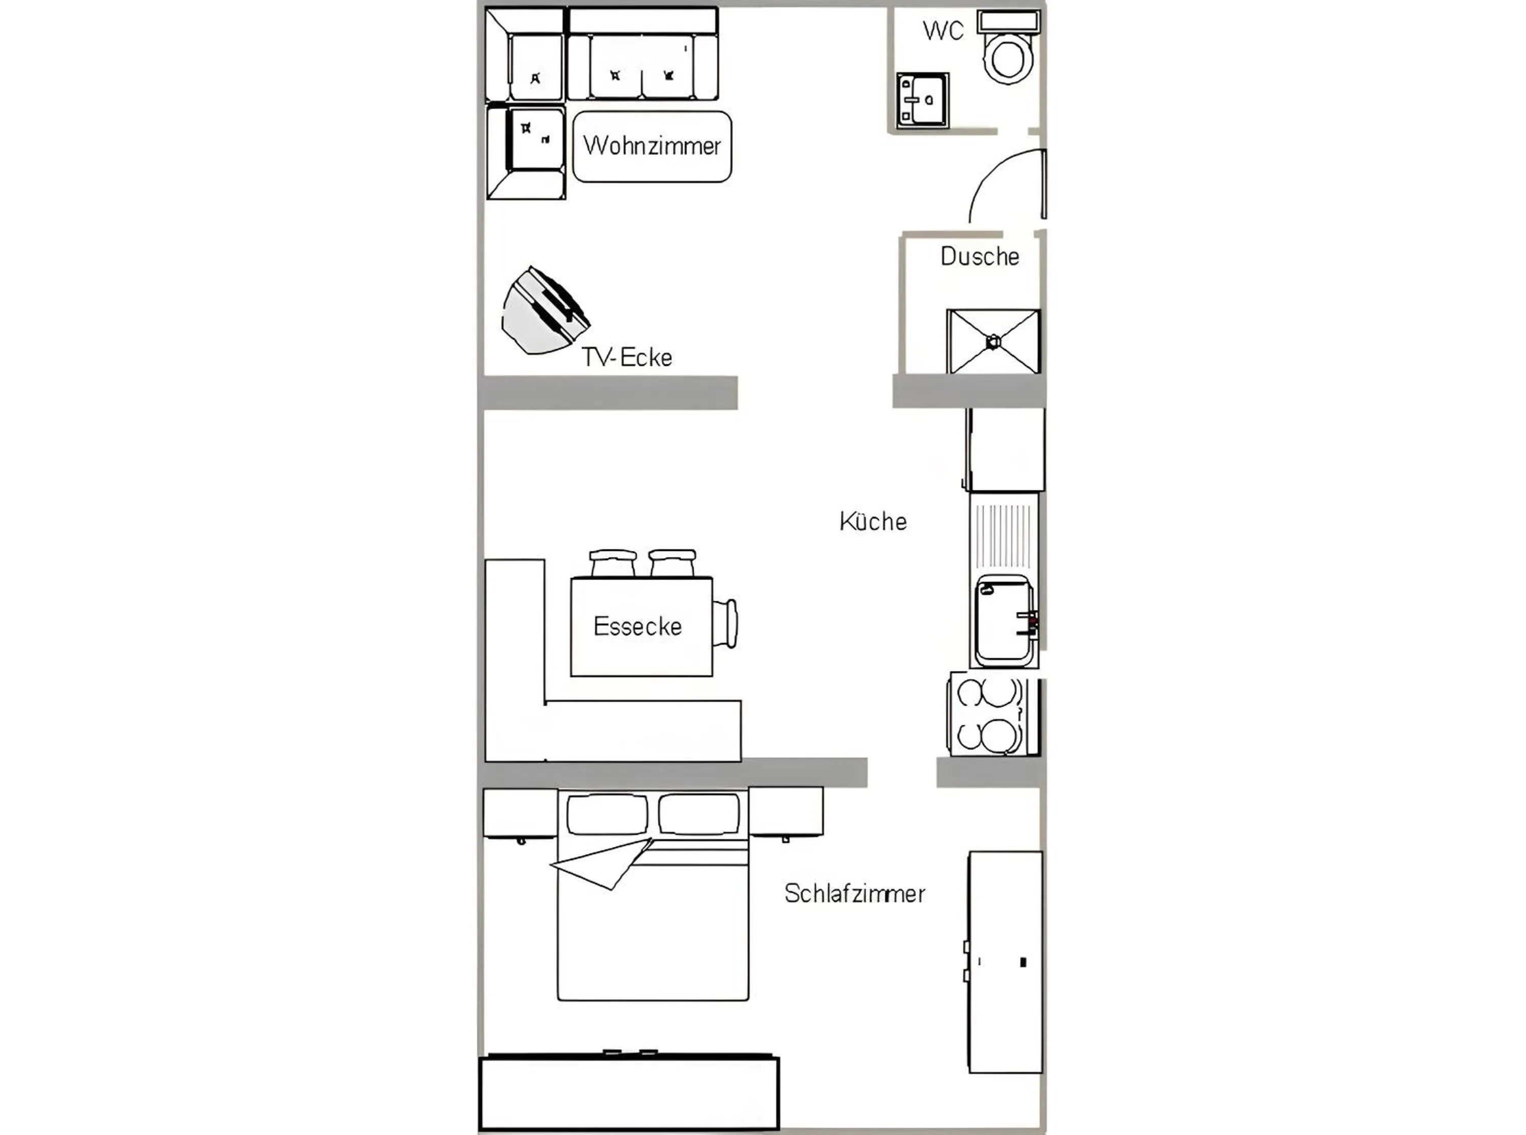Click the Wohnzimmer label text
point(652,145)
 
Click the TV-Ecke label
point(627,357)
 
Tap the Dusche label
point(979,256)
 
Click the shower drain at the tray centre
point(993,341)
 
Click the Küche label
point(872,521)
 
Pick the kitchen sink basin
point(1003,620)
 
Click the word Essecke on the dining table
point(637,626)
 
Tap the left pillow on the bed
point(607,814)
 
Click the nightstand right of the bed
point(785,812)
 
